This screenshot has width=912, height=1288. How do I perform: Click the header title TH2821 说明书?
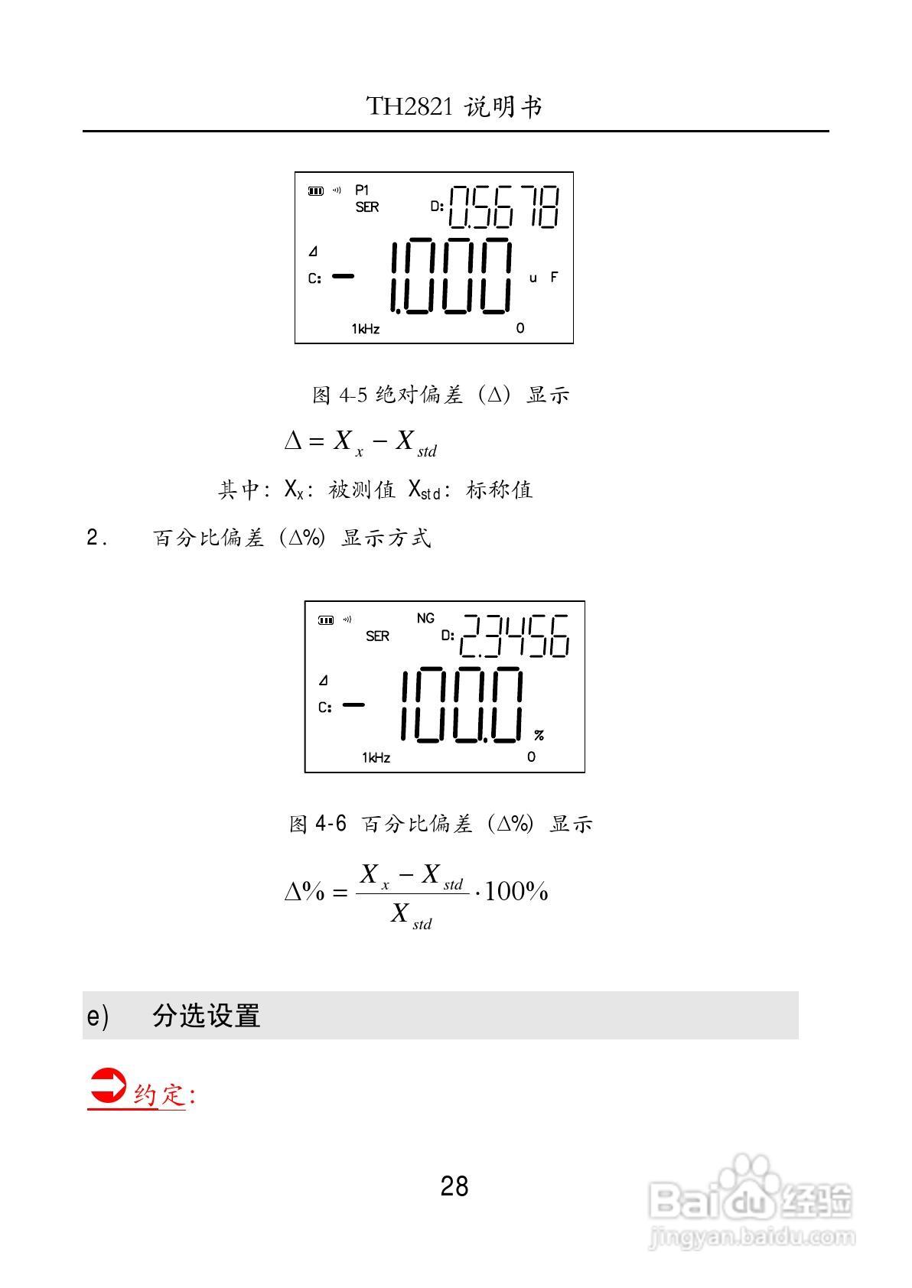[454, 106]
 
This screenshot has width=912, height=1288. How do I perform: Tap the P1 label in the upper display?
[362, 190]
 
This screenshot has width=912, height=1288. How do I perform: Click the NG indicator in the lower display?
[425, 618]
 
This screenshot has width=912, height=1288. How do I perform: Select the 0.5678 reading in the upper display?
[503, 207]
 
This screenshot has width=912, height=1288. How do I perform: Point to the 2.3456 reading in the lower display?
[514, 636]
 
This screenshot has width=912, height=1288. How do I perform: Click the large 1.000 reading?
[450, 276]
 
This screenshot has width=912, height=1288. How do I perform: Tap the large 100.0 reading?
[461, 705]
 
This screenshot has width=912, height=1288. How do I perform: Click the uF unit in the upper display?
[543, 278]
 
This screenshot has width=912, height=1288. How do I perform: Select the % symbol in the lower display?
[539, 735]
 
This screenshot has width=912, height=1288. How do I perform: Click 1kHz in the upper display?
[366, 329]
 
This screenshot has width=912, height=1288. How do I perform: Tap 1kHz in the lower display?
[376, 758]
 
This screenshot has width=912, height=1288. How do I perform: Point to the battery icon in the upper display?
[315, 191]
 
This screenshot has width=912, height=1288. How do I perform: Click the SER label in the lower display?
[377, 636]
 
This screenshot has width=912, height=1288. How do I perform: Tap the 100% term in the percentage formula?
[516, 892]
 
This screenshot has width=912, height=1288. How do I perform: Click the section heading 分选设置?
[207, 1016]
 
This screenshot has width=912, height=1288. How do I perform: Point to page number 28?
[454, 1187]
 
